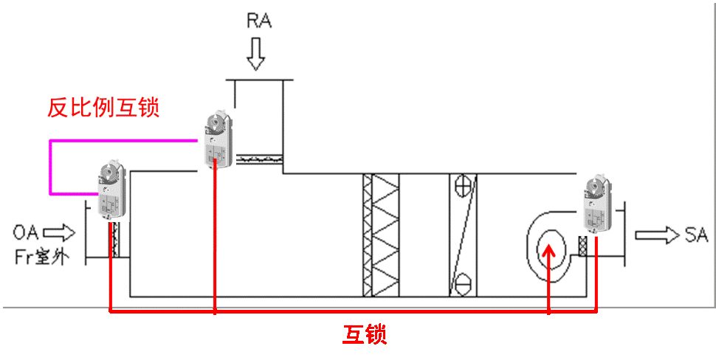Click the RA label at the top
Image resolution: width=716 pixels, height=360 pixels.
tap(258, 20)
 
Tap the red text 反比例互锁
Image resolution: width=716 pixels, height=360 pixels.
tap(103, 108)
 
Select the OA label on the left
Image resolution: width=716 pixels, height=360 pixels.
tap(27, 235)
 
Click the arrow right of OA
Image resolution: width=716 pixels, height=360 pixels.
tap(63, 235)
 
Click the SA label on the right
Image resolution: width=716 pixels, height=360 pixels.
tap(696, 235)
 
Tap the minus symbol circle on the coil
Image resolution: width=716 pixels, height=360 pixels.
tap(463, 281)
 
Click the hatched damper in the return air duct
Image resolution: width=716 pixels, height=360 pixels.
tap(258, 158)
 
